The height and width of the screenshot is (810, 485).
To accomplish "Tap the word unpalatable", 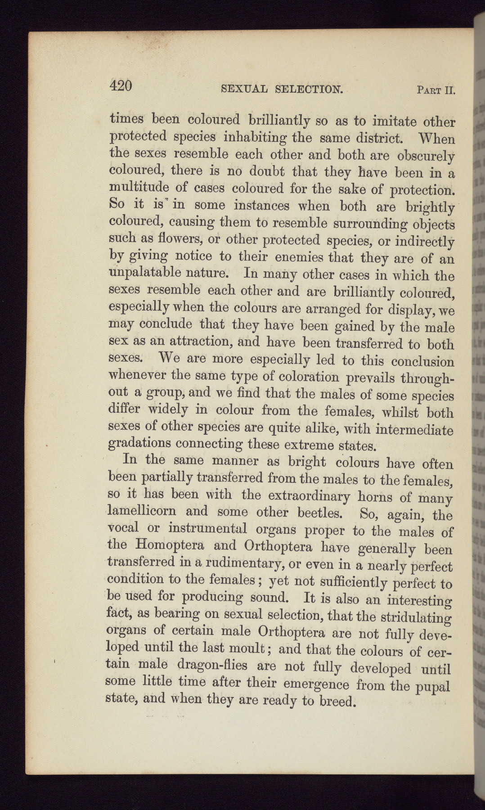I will [x=145, y=273].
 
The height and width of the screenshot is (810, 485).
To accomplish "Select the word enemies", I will [x=299, y=257].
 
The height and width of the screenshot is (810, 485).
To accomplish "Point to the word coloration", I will [x=309, y=377].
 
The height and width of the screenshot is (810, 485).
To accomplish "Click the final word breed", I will [x=337, y=701].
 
